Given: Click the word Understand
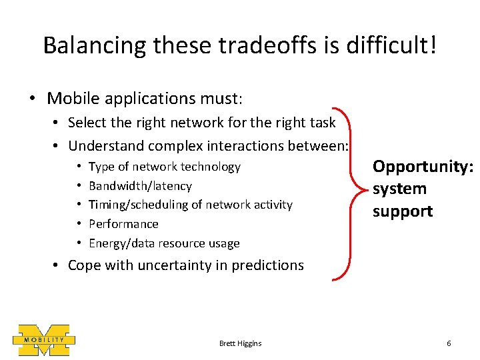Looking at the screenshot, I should click(x=106, y=145).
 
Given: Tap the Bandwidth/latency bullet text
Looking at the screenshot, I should click(x=140, y=186).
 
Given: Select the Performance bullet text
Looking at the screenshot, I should click(x=123, y=224).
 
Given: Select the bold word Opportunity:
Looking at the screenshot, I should click(x=423, y=166).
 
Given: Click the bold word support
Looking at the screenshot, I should click(x=403, y=211).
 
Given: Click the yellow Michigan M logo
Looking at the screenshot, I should click(x=44, y=340).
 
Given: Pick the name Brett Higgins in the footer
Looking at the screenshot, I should click(x=240, y=343).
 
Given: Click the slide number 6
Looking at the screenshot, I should click(x=449, y=343).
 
